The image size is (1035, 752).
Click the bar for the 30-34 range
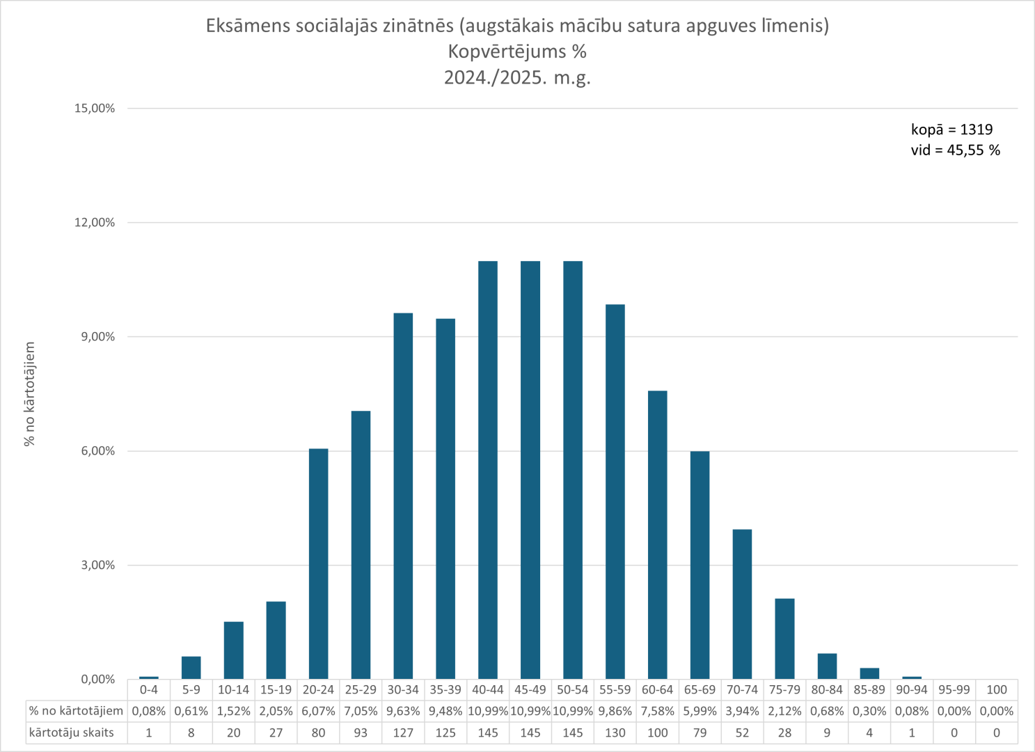pos(403,496)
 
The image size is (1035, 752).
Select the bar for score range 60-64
pos(657,535)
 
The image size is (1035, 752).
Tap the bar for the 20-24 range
pos(318,564)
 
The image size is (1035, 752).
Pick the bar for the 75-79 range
pos(784,639)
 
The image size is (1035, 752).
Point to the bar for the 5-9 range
pos(191,667)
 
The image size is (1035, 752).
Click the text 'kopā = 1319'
pos(951,130)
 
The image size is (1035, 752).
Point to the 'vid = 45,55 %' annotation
pos(955,150)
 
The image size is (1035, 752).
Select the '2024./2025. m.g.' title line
pos(517,77)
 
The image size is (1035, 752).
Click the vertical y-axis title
pos(30,394)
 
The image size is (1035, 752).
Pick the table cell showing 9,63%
pos(403,711)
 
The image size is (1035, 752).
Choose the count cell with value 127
pos(403,733)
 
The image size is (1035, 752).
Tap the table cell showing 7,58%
pos(657,711)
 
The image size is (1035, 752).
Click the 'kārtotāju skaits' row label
pos(72,733)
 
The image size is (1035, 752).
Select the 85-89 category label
pos(869,689)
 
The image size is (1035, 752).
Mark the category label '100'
pos(997,689)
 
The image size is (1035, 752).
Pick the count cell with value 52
pos(742,733)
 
